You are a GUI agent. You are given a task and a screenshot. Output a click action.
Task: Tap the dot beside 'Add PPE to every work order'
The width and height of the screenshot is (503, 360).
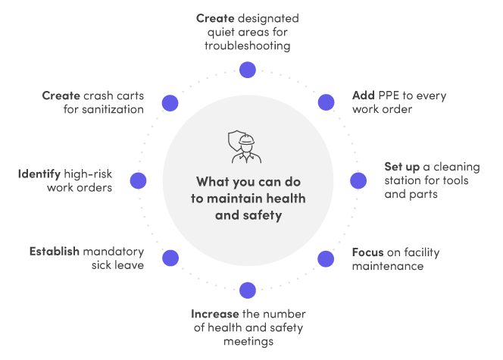[326, 102]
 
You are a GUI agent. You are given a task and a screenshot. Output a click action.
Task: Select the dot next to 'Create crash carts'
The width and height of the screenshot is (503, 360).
[170, 102]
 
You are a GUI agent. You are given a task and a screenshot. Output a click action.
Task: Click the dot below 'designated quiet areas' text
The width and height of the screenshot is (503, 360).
[248, 70]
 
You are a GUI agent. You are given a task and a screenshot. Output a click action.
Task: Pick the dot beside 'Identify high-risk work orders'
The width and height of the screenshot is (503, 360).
[138, 181]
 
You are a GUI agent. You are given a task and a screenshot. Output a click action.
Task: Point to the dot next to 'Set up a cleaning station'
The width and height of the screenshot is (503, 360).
[358, 180]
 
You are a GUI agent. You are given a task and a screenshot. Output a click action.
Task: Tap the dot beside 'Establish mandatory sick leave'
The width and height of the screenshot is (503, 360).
[170, 258]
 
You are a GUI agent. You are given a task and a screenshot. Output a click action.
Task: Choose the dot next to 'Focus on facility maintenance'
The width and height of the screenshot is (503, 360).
[326, 258]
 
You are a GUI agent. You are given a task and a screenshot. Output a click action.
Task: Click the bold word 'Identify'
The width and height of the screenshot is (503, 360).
[39, 174]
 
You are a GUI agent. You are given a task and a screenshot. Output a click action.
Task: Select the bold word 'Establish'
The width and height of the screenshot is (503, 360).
[55, 252]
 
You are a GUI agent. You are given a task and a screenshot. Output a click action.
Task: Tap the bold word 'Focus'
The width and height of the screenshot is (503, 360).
[368, 252]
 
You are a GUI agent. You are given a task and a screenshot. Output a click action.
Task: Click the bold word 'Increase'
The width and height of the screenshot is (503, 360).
[215, 313]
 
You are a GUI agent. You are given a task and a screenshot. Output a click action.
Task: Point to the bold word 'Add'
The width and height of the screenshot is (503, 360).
[364, 95]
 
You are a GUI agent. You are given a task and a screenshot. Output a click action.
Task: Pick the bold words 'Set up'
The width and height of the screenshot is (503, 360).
[401, 167]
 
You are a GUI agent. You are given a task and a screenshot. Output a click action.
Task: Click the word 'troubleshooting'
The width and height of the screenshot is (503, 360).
[248, 45]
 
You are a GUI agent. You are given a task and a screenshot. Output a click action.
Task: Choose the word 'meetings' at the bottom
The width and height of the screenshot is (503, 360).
[248, 342]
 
